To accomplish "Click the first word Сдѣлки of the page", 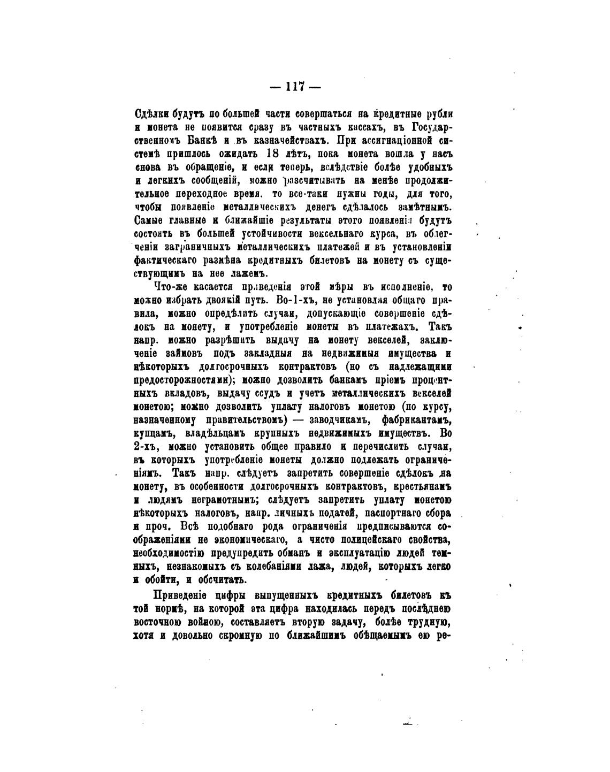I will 151,114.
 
